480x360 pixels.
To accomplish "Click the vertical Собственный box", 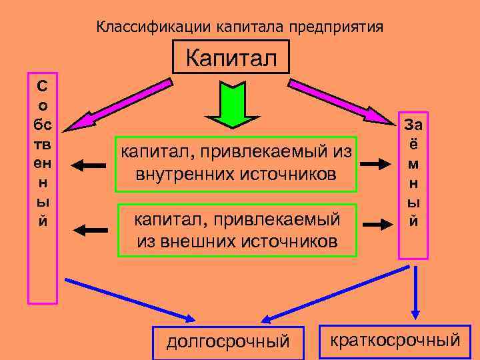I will pos(42,187).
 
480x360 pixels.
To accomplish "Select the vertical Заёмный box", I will pos(413,185).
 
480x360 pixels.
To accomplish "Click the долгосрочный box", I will pos(228,341).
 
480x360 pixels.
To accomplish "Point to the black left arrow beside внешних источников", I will pos(90,231).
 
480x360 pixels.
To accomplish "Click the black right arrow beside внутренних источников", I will pos(377,163).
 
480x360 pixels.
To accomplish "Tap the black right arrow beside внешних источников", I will pos(377,225).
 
